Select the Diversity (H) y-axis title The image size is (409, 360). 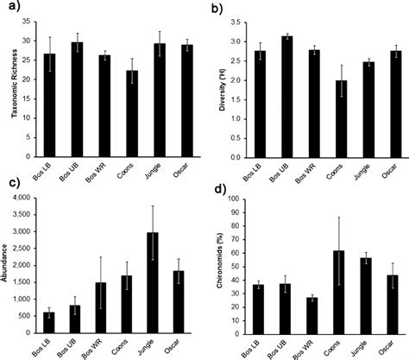pyautogui.click(x=230, y=73)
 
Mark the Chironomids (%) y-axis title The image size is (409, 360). pyautogui.click(x=229, y=267)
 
